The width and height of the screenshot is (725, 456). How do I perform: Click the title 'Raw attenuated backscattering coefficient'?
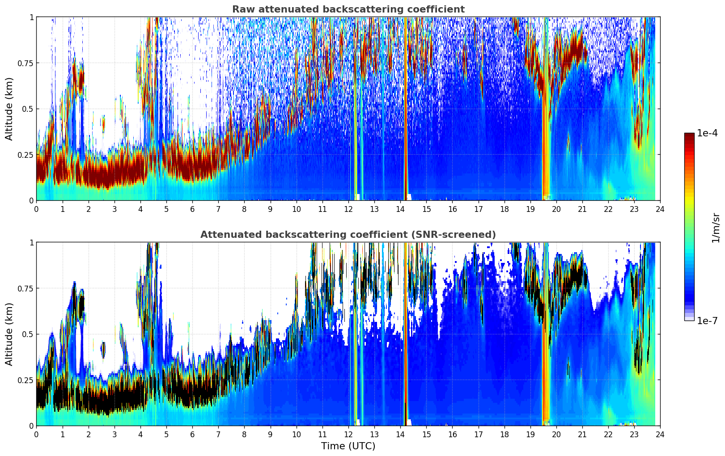pyautogui.click(x=348, y=9)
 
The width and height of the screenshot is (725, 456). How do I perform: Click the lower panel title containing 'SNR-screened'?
pyautogui.click(x=348, y=235)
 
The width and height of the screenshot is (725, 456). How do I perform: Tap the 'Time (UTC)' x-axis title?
pyautogui.click(x=348, y=446)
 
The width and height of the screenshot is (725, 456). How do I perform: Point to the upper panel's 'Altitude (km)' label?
pyautogui.click(x=9, y=109)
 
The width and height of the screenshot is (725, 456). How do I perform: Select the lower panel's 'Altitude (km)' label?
pyautogui.click(x=9, y=334)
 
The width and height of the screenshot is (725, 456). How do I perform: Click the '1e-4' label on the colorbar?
pyautogui.click(x=707, y=133)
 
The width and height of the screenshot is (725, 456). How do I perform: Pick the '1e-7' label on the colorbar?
pyautogui.click(x=707, y=321)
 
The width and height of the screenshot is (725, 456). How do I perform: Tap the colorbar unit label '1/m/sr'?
pyautogui.click(x=716, y=228)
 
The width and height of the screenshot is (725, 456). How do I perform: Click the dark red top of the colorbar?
pyautogui.click(x=689, y=135)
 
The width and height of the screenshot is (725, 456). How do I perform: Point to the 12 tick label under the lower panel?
pyautogui.click(x=348, y=435)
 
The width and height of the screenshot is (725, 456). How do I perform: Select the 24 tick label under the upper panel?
pyautogui.click(x=660, y=209)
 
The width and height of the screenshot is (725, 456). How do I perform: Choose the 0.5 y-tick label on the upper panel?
pyautogui.click(x=27, y=109)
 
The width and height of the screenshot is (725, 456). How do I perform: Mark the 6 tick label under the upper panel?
pyautogui.click(x=192, y=209)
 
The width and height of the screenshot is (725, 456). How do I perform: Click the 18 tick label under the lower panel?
pyautogui.click(x=505, y=435)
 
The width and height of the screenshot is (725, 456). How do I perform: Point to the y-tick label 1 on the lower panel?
pyautogui.click(x=31, y=243)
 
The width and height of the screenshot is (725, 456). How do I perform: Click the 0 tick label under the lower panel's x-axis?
pyautogui.click(x=37, y=435)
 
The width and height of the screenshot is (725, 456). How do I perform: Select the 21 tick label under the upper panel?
pyautogui.click(x=582, y=209)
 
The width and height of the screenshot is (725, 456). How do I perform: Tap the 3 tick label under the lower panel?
pyautogui.click(x=114, y=435)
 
